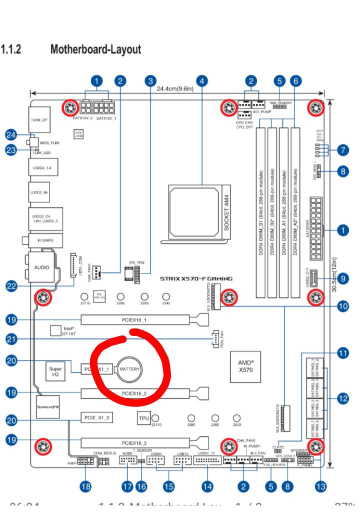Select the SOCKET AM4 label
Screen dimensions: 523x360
click(x=226, y=212)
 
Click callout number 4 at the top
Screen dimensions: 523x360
click(x=201, y=80)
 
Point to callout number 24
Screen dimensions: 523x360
click(x=11, y=134)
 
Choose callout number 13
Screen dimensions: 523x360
click(x=320, y=485)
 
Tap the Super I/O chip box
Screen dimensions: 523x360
click(x=55, y=371)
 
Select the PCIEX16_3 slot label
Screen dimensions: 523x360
click(x=134, y=442)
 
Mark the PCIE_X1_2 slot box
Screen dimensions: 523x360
click(x=96, y=416)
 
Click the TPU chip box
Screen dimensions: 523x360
click(x=143, y=417)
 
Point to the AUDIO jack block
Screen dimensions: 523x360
click(x=41, y=267)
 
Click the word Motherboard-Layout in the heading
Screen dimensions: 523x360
click(x=95, y=50)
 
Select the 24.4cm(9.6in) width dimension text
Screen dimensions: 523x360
click(x=175, y=88)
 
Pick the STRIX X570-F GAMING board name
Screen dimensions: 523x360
click(x=196, y=278)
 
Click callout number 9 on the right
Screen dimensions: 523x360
click(x=343, y=278)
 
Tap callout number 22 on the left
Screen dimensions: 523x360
click(x=11, y=286)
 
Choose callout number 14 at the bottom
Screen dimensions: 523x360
click(x=207, y=485)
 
